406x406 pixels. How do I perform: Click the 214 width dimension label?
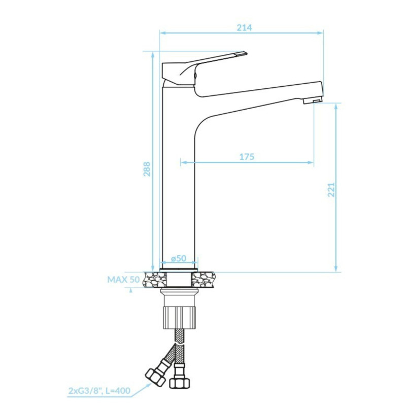point(244,27)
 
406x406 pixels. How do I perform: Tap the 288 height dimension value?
point(146,169)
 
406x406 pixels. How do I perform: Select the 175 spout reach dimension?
point(246,157)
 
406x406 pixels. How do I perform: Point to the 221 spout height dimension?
point(331,189)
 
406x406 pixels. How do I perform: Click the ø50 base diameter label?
point(179,258)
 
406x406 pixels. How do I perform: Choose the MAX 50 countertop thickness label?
point(123,279)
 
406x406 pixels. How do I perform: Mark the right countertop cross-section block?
point(204,278)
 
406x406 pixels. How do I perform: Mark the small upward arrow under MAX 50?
point(131,290)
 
